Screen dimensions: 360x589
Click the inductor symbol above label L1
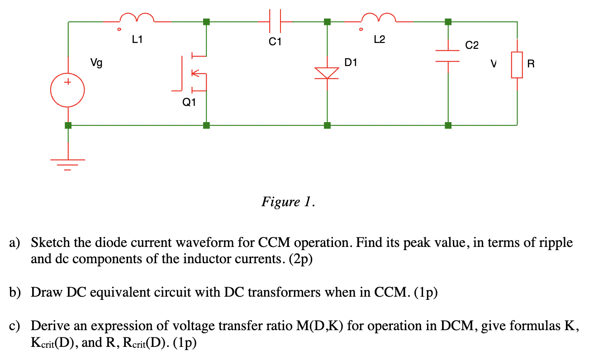coord(137,18)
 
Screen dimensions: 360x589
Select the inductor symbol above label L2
coord(379,18)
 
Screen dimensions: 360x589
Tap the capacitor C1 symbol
coord(275,21)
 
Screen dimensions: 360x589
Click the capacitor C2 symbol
coord(448,56)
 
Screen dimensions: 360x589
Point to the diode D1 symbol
coord(327,73)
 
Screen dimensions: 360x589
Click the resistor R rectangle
coord(517,65)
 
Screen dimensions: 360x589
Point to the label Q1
coord(189,103)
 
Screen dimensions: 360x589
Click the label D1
coord(351,62)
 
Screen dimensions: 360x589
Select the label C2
coord(472,45)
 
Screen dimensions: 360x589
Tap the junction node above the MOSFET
coord(207,21)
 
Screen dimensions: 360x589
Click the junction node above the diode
coord(327,21)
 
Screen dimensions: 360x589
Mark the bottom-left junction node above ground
coord(68,125)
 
